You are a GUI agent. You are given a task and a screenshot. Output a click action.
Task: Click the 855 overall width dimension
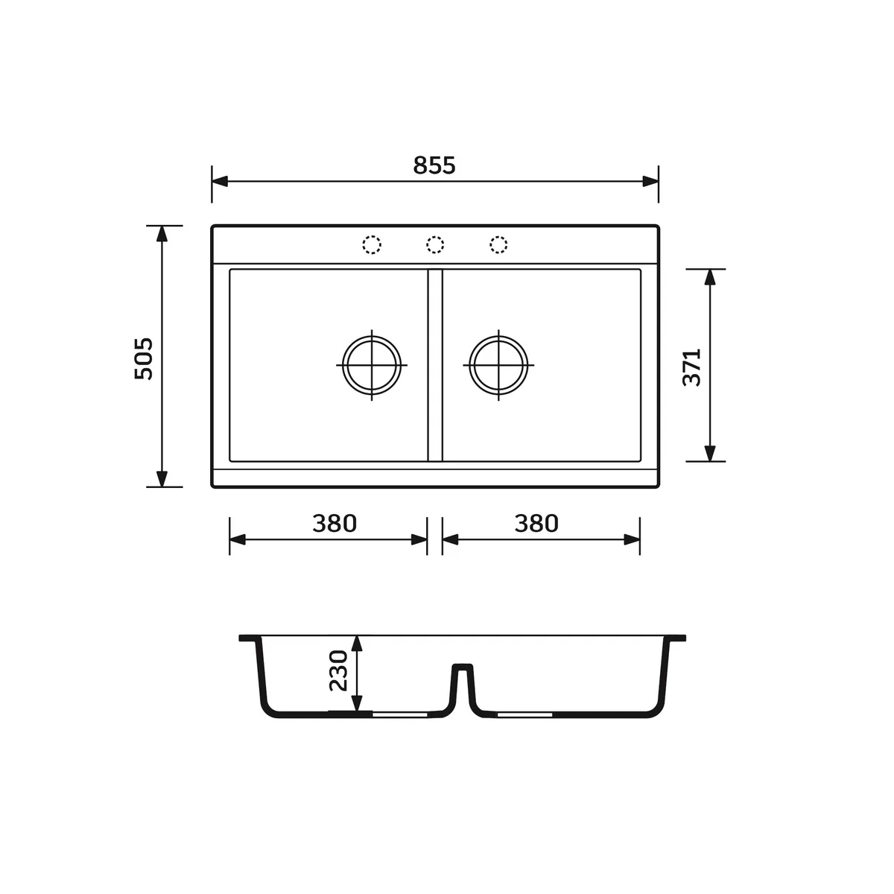coord(434,165)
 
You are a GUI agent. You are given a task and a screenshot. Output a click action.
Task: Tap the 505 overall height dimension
coord(143,359)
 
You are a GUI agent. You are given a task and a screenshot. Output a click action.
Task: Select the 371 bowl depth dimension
coord(691,367)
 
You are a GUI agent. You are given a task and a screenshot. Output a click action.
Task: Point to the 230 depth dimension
coord(338,670)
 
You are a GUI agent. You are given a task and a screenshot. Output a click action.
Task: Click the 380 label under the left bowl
coord(334,523)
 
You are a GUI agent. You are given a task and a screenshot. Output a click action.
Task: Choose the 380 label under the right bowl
coord(536,523)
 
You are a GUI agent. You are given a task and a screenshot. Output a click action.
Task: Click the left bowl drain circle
coord(372,336)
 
